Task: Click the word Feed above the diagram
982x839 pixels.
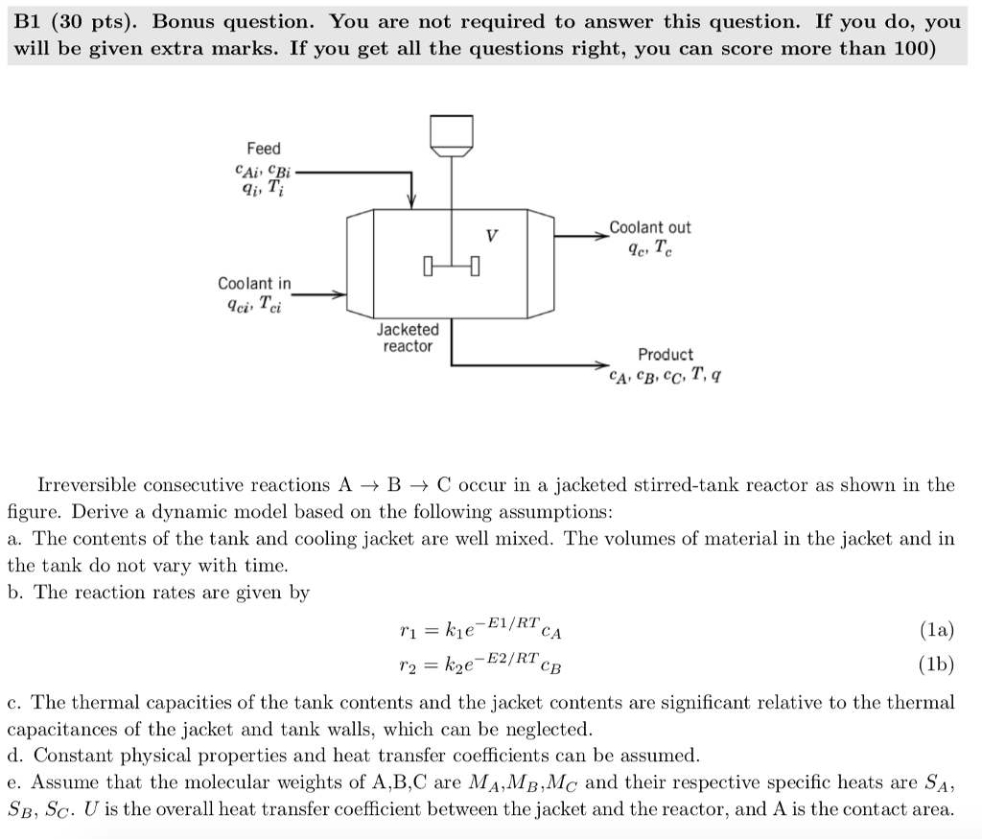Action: click(x=264, y=149)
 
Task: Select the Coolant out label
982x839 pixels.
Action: click(x=649, y=228)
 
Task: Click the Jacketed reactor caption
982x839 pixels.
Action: click(x=408, y=338)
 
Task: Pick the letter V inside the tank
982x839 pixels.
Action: click(x=492, y=233)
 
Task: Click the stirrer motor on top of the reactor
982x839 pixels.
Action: click(x=451, y=133)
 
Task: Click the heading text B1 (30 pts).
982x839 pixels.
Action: click(x=76, y=22)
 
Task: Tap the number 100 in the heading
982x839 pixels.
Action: click(x=906, y=49)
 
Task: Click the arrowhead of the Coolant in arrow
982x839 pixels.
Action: click(x=338, y=295)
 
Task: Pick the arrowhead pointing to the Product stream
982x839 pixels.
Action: click(x=601, y=365)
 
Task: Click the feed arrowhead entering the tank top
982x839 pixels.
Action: click(x=411, y=200)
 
